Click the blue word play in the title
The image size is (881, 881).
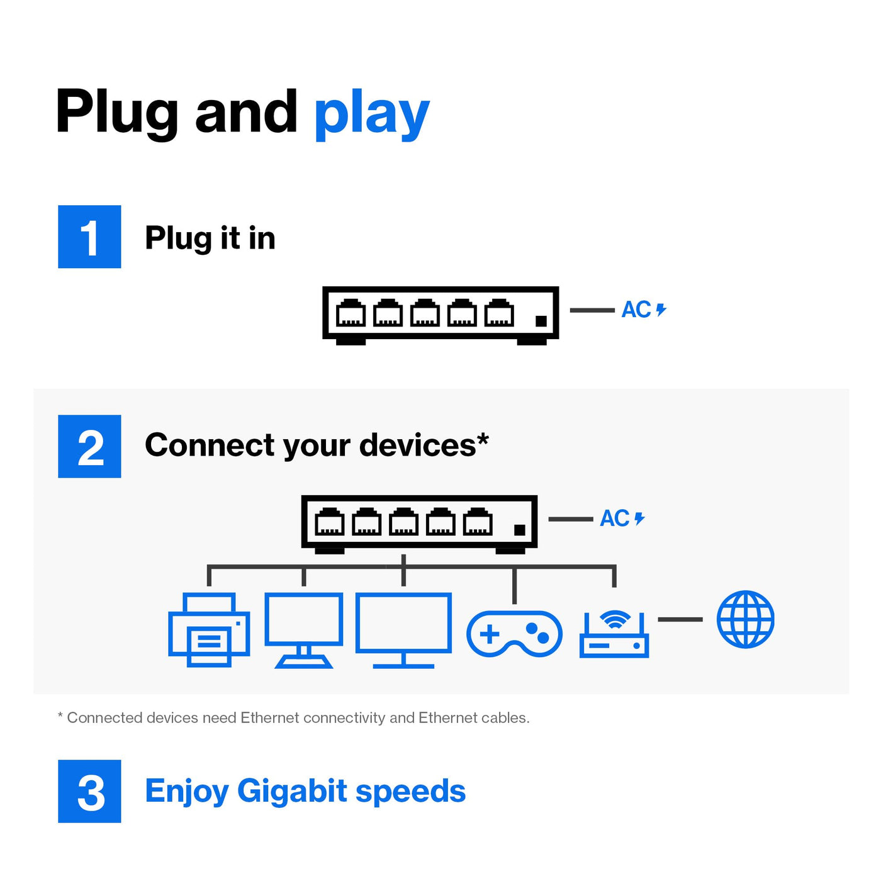(371, 115)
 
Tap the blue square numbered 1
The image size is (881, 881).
(89, 237)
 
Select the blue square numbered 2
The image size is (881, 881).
(89, 446)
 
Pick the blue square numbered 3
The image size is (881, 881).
(89, 791)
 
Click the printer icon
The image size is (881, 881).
(209, 629)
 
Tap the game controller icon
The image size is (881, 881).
(514, 634)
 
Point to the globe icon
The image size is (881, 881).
(745, 619)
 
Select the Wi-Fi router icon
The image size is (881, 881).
(614, 634)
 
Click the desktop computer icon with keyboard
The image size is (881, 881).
(304, 629)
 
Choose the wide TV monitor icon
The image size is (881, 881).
(403, 629)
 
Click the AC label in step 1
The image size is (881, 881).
(636, 310)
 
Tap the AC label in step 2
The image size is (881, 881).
(615, 519)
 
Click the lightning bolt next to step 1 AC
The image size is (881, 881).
(661, 310)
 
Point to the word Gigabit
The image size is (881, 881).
(292, 791)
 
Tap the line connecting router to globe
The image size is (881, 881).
(680, 620)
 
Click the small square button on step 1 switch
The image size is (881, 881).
(541, 321)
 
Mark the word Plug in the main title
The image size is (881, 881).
(117, 113)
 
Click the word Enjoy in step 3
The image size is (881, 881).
(186, 792)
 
